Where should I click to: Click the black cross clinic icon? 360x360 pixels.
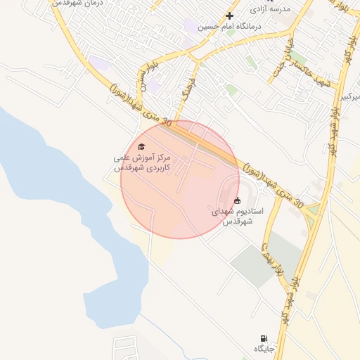pos(229,15)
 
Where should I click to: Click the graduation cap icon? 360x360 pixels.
pos(142,146)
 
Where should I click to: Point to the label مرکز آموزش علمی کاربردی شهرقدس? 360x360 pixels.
pos(142,163)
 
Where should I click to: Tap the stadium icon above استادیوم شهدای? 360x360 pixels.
pos(237,200)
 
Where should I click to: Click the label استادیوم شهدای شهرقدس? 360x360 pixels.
pos(237,216)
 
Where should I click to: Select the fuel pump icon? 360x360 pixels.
pos(264,338)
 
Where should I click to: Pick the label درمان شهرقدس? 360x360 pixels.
pos(78,4)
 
